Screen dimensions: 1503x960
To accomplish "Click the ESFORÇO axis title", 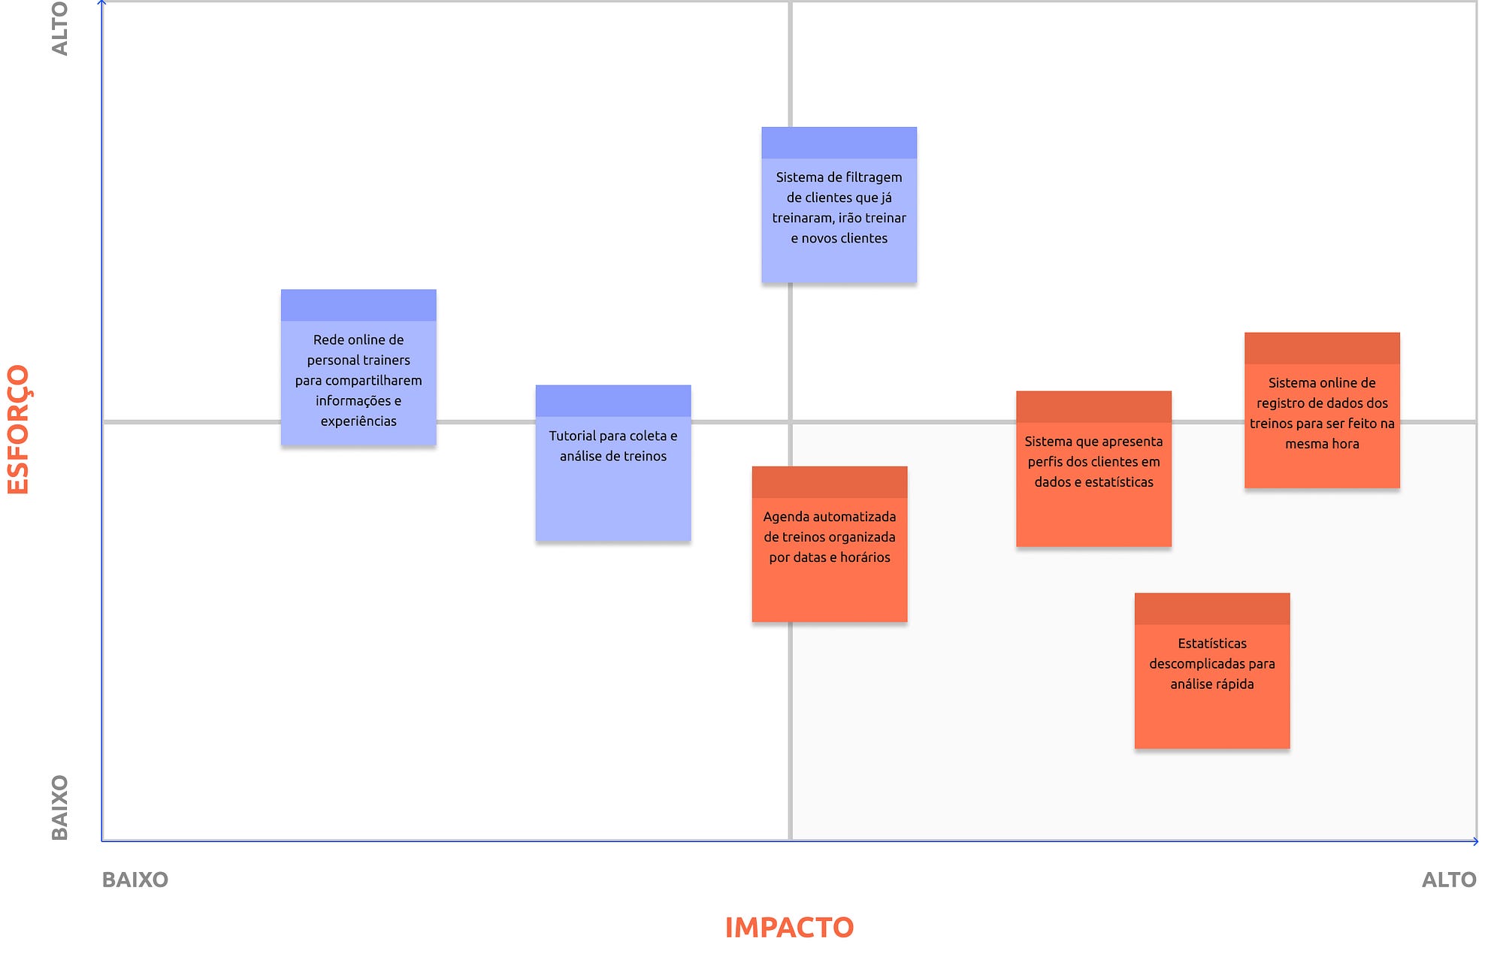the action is point(18,430).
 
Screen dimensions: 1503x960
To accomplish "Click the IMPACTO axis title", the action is point(789,928).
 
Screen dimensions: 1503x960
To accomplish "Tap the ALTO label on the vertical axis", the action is point(59,29).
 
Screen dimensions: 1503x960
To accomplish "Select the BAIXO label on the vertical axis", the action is point(59,808).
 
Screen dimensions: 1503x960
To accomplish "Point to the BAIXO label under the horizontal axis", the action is point(135,880).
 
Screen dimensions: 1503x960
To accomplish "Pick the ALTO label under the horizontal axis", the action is point(1449,880).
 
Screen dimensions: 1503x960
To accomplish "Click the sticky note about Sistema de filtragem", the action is point(839,205).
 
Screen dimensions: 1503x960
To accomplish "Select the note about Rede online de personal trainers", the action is point(358,367).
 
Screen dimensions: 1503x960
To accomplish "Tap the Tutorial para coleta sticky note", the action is point(613,463).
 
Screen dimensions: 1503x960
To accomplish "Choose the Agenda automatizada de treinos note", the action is point(830,544).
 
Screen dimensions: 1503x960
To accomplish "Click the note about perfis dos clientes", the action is point(1093,469).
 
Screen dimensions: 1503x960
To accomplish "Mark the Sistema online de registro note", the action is point(1322,410).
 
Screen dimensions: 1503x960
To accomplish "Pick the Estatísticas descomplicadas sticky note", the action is point(1212,671).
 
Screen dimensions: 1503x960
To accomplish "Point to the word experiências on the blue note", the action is point(358,421).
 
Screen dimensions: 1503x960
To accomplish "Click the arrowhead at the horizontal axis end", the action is point(1475,841).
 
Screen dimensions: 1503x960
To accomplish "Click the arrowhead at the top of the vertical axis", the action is point(101,3).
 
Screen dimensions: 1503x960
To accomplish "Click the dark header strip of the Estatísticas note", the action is point(1212,608).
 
